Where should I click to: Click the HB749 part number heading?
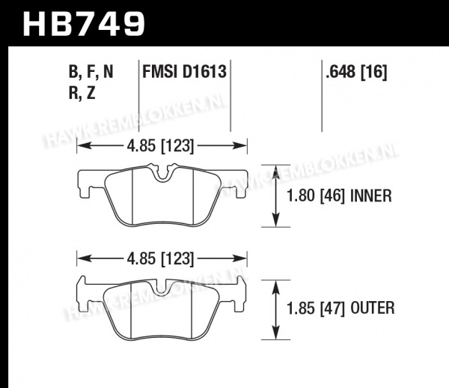tap(84, 24)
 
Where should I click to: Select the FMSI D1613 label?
tap(184, 71)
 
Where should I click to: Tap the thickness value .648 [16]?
tap(356, 71)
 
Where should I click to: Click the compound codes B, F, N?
tap(91, 72)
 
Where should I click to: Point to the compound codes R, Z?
tap(82, 93)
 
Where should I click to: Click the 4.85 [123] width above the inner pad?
tap(160, 146)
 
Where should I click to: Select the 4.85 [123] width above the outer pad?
tap(160, 258)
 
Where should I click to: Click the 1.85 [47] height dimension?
tap(316, 309)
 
